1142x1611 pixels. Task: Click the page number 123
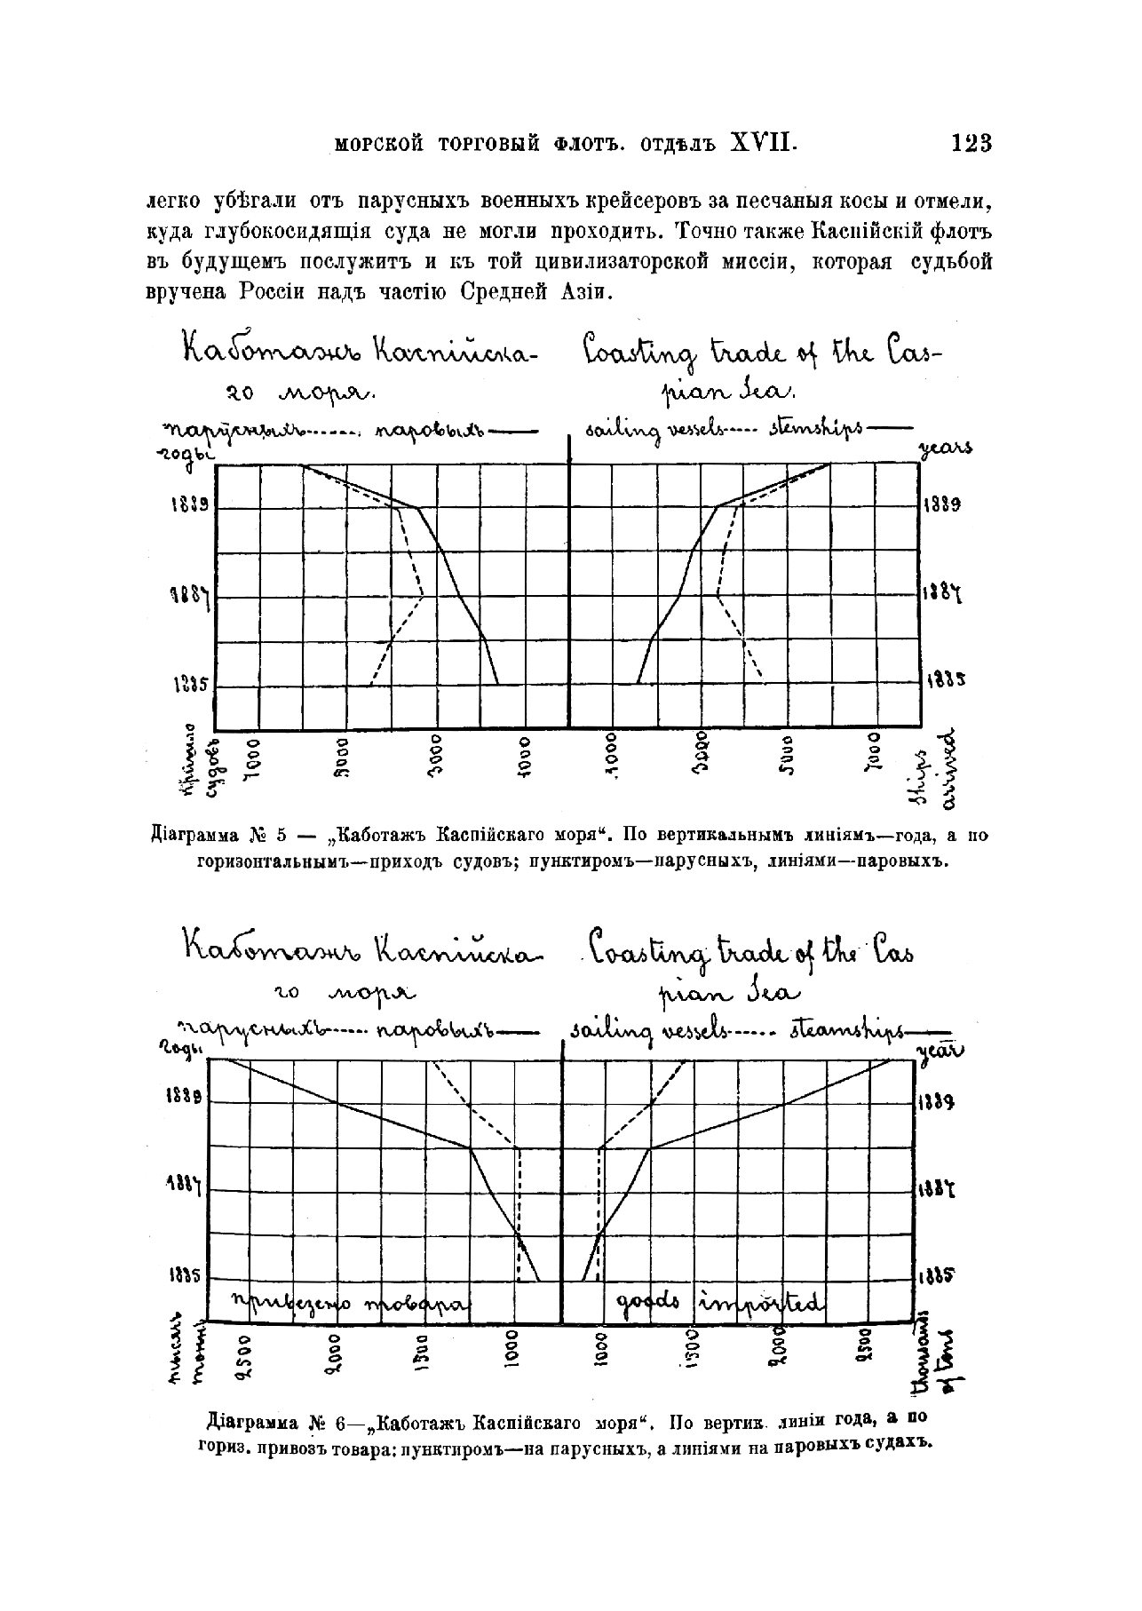[x=970, y=143]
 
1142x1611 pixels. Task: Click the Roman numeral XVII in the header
[x=762, y=143]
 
